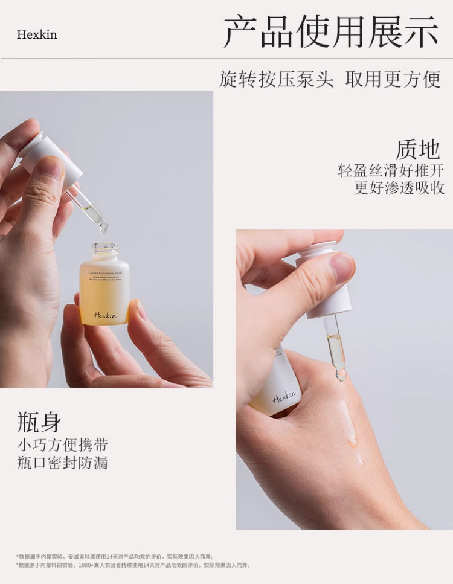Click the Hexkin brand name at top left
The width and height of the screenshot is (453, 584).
click(x=37, y=34)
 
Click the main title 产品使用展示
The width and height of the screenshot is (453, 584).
click(x=330, y=32)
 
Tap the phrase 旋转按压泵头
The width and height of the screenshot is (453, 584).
click(x=276, y=79)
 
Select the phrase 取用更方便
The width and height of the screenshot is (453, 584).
click(x=393, y=79)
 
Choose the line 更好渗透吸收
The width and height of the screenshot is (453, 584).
click(x=399, y=188)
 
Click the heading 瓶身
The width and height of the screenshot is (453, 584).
click(x=39, y=423)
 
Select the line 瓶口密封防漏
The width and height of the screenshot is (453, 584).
click(x=62, y=463)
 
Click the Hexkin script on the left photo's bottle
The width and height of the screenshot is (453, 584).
click(x=104, y=315)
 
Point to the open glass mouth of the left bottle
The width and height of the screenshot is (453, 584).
click(x=105, y=247)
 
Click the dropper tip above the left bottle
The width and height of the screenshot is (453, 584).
click(x=103, y=228)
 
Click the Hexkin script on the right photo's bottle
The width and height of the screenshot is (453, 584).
click(x=284, y=397)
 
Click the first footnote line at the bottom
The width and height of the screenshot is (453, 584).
click(x=114, y=556)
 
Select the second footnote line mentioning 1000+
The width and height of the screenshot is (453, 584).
click(x=133, y=565)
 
